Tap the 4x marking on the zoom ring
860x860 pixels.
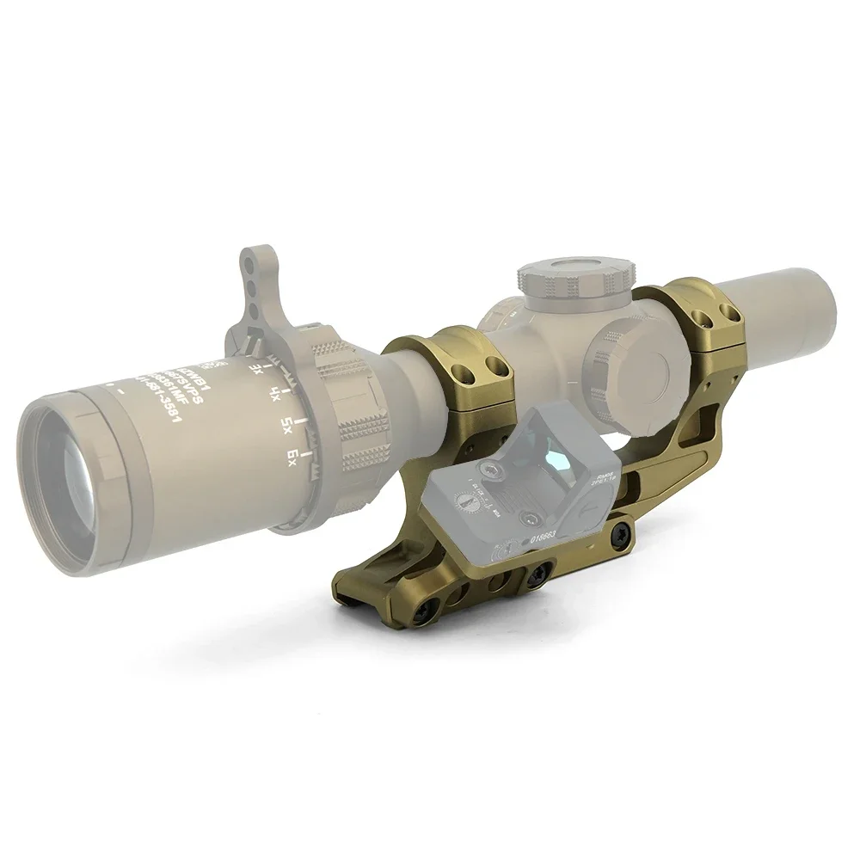pos(274,396)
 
